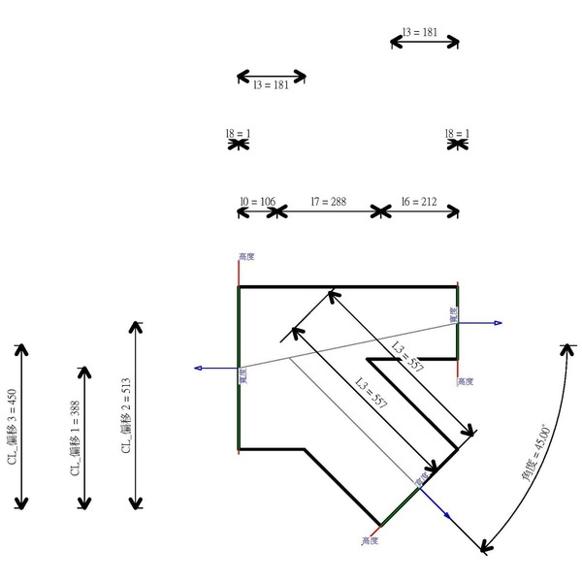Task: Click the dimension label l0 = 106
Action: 257,202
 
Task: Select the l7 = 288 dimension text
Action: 328,202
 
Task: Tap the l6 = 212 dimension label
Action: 419,202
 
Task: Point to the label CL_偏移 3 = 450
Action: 12,427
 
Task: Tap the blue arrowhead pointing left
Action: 198,368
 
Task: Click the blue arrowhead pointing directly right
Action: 497,323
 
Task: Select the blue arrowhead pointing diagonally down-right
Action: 444,514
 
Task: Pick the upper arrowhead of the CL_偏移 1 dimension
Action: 85,372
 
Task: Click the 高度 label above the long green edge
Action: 245,257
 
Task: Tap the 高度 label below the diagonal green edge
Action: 369,539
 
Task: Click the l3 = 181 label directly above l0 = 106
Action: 271,85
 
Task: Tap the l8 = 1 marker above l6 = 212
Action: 456,134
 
